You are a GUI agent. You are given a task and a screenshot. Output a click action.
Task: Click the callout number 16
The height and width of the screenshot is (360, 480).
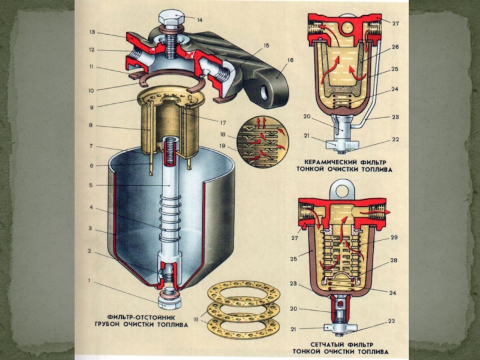pos(290,61)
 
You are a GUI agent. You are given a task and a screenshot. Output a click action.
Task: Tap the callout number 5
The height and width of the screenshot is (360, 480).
pos(91,186)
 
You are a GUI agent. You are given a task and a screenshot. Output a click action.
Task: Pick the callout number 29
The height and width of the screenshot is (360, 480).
pos(394,238)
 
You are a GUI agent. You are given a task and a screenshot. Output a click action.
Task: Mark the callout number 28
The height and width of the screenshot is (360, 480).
pos(394,260)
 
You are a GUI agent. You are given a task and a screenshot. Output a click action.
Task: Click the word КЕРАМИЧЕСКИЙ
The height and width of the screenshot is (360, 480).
pos(328,162)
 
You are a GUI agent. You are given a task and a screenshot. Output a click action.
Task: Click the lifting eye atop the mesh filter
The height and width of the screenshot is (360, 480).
pos(343,191)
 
